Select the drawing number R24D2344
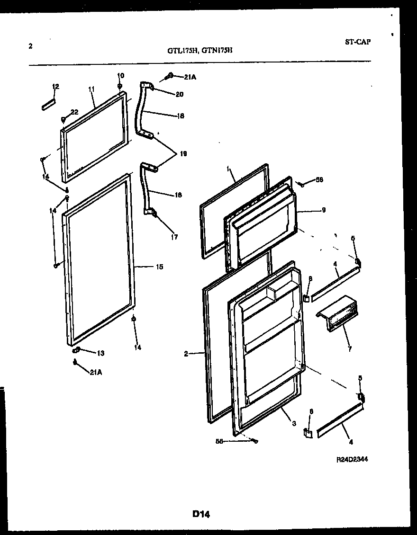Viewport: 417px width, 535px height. [353, 459]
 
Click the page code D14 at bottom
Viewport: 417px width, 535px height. [201, 514]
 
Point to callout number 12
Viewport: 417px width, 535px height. [55, 86]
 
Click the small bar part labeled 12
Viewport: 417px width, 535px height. [49, 104]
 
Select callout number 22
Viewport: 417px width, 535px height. [74, 112]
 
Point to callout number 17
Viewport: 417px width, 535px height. [174, 237]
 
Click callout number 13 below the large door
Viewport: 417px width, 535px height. [100, 353]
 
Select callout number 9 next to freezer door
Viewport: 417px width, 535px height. [323, 210]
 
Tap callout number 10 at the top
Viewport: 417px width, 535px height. [120, 75]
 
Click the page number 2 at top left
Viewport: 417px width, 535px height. [30, 46]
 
